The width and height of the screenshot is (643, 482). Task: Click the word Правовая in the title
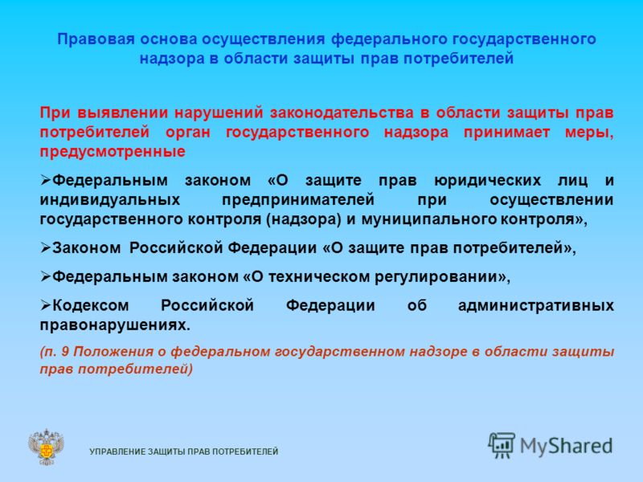[x=96, y=39]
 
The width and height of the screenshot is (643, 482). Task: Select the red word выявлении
[x=122, y=112]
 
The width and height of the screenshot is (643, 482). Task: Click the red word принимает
[x=507, y=133]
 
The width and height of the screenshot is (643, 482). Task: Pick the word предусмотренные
[x=113, y=152]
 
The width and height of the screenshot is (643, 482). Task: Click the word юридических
[x=488, y=180]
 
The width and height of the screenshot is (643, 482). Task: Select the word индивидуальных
[x=110, y=200]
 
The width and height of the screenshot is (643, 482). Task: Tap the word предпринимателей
[x=298, y=200]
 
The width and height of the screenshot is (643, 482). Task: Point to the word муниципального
[x=429, y=219]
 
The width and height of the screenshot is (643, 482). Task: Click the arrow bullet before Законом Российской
[x=46, y=247]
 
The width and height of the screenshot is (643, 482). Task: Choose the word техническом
[x=319, y=277]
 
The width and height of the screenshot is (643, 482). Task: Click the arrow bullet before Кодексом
[x=46, y=305]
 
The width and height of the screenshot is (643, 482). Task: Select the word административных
[x=536, y=306]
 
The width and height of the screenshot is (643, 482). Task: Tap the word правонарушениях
[x=115, y=325]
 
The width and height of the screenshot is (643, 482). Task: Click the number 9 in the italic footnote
[x=65, y=352]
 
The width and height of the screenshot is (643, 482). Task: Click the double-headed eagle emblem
[x=47, y=447]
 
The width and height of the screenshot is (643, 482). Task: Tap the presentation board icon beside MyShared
[x=502, y=445]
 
